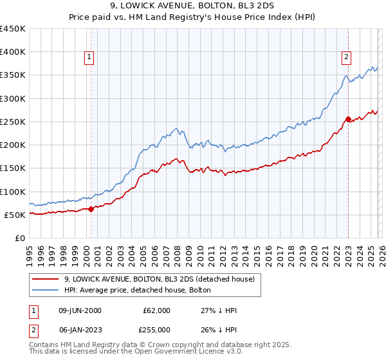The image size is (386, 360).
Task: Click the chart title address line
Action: [193, 6]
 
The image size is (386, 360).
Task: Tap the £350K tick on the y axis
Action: [13, 75]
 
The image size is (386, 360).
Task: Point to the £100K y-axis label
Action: [13, 192]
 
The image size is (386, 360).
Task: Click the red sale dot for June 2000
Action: [91, 209]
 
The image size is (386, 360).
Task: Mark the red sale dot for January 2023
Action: [348, 119]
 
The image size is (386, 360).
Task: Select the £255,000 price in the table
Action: [157, 329]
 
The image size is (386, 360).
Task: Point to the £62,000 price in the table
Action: [157, 310]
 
